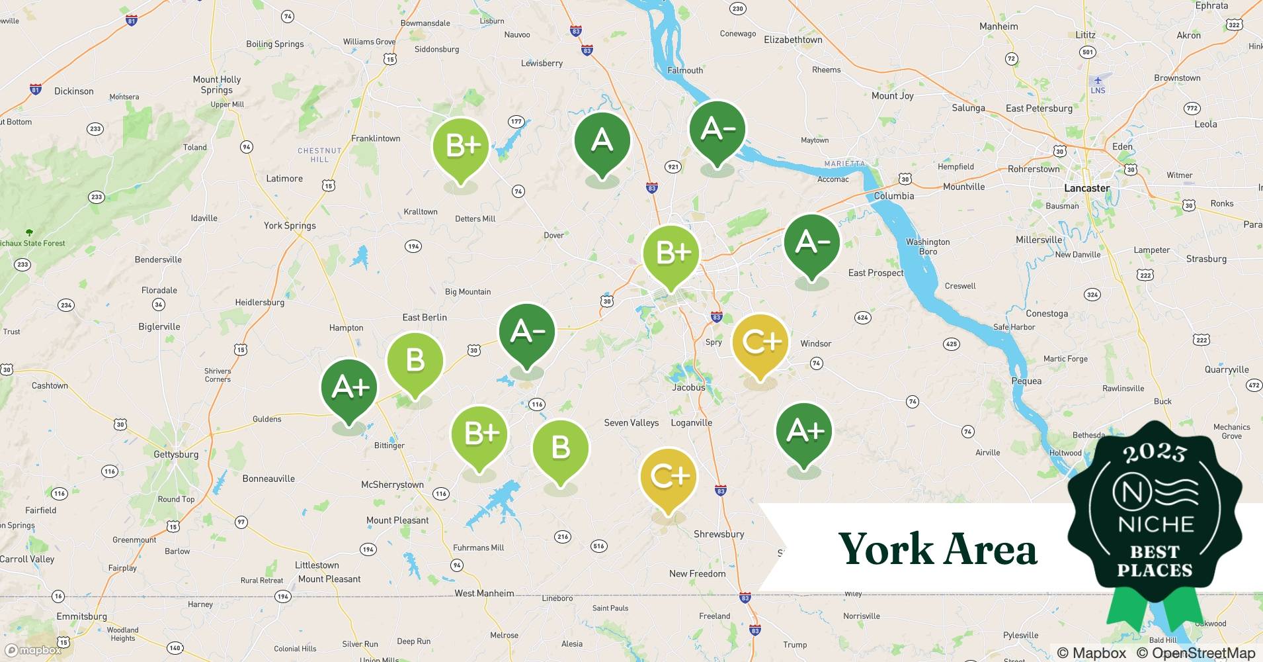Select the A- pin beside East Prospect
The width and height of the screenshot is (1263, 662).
812,243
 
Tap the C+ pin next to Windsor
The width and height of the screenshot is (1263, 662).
760,342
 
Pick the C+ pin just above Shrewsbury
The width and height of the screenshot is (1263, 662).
669,477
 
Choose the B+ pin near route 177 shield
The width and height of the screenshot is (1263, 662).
461,146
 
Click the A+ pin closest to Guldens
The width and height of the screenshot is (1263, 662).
349,387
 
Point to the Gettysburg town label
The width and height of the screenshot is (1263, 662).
176,454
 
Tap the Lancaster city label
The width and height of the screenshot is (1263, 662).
1086,188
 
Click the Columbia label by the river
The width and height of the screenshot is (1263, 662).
894,196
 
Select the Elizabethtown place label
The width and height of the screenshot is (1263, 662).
793,40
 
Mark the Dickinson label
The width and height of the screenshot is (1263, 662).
74,91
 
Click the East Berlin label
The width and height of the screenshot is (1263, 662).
425,317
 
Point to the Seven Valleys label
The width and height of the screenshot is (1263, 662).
631,422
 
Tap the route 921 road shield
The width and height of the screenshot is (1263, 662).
673,167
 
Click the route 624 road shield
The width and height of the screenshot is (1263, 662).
862,318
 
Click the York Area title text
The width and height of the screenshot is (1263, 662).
938,549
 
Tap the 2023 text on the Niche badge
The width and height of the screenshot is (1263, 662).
1155,453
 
